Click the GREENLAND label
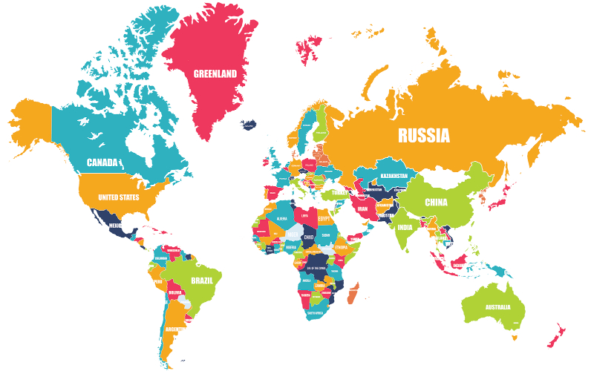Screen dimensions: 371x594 coord(215,73)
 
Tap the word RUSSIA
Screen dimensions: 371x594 coord(423,135)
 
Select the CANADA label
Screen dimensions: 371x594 coord(102,162)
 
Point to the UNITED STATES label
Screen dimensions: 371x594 coord(119,197)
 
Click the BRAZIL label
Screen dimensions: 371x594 coord(202,280)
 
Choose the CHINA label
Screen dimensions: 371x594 coord(436,202)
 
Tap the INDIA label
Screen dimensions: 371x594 coord(405,228)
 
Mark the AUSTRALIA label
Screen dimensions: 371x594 coord(498,307)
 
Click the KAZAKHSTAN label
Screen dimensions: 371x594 coord(394,175)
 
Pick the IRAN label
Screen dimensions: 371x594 coord(363,209)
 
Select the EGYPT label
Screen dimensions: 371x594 coord(324,220)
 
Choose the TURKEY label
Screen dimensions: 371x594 coord(339,192)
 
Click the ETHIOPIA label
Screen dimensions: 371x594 coord(342,247)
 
